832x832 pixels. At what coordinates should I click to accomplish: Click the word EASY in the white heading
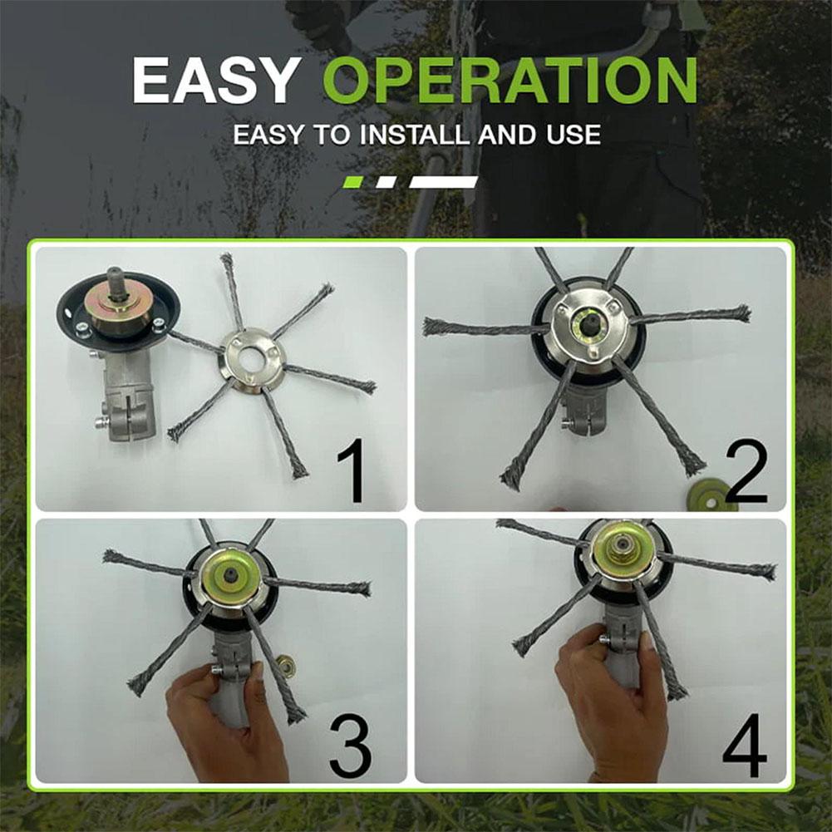tap(214, 81)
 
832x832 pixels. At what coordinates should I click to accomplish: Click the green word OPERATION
tap(510, 81)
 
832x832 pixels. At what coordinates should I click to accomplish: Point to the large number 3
tap(351, 746)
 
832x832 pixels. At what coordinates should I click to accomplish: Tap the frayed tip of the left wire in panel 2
tap(431, 327)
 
